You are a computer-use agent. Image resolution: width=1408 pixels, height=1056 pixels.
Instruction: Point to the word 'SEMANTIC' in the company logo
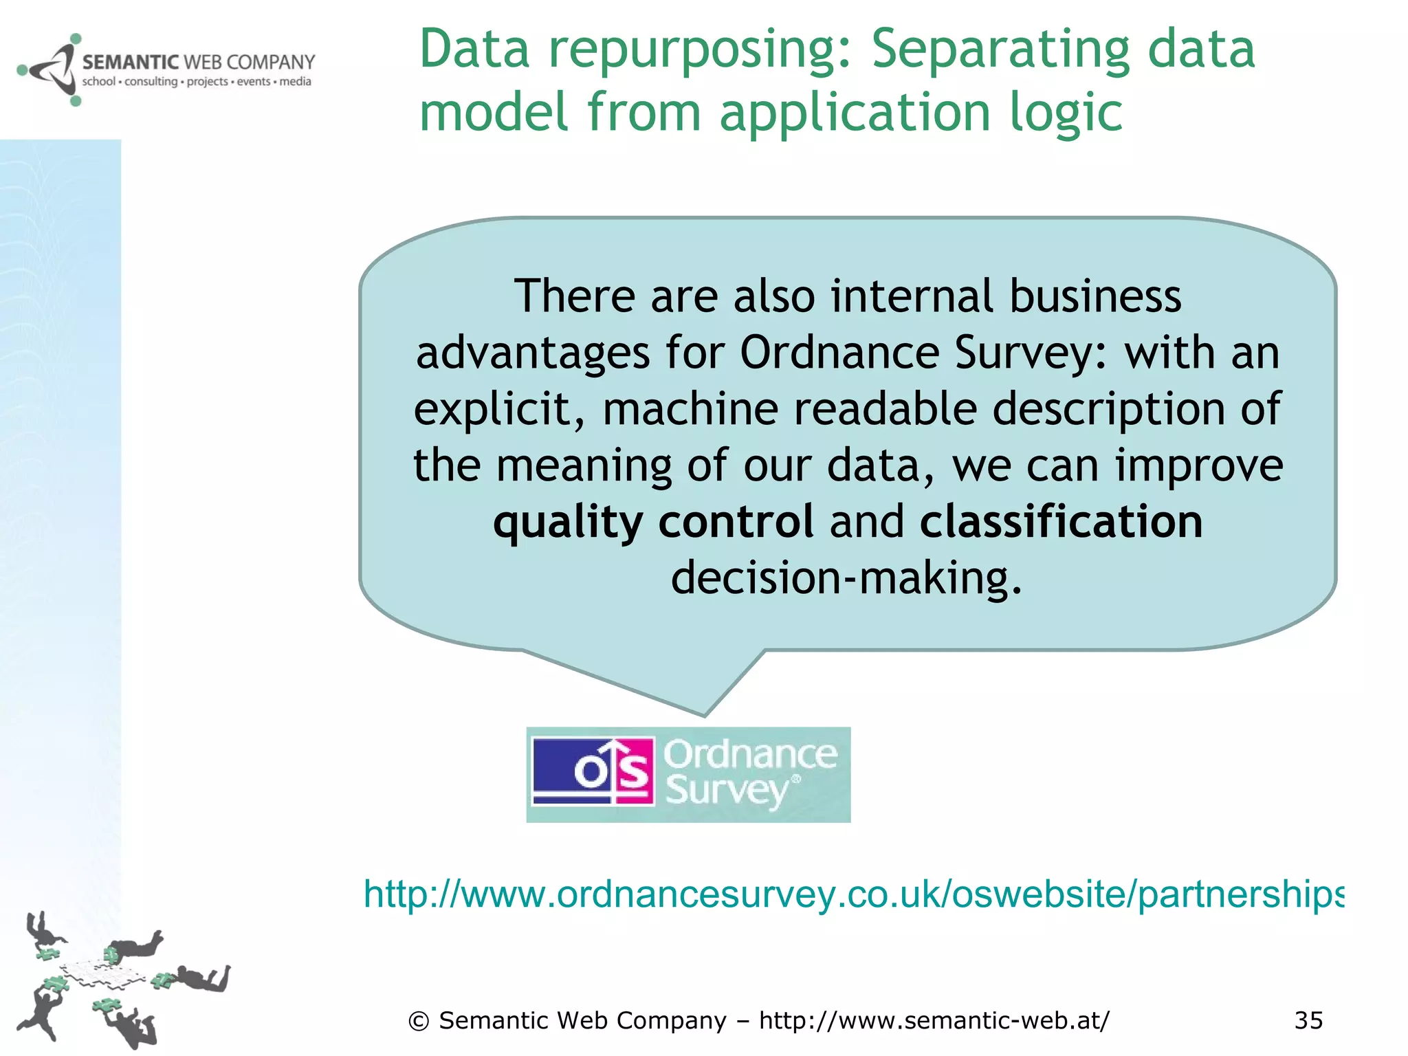(131, 63)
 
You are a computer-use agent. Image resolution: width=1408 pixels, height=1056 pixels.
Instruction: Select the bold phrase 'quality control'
(653, 521)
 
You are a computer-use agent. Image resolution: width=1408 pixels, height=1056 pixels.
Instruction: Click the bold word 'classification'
(1061, 521)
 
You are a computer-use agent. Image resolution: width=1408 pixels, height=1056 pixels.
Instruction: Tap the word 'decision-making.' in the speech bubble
(846, 577)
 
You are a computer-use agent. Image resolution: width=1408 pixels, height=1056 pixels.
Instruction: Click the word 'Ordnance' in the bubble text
(839, 353)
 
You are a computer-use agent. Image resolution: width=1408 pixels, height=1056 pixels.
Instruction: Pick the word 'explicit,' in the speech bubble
(500, 409)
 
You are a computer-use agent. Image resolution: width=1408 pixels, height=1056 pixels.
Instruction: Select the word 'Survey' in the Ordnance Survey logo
(726, 791)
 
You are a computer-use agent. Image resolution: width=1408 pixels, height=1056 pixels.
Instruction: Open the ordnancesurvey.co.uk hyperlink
(852, 894)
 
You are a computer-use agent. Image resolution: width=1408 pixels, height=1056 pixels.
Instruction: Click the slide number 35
(1308, 1020)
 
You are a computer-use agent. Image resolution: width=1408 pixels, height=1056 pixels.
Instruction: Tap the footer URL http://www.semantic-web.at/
(934, 1020)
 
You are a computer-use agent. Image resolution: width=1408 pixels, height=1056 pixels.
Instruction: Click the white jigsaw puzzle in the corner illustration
(103, 972)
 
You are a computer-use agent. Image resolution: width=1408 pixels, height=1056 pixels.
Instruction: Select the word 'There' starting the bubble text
(575, 296)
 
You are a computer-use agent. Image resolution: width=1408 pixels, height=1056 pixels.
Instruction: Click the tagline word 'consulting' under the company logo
(151, 82)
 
